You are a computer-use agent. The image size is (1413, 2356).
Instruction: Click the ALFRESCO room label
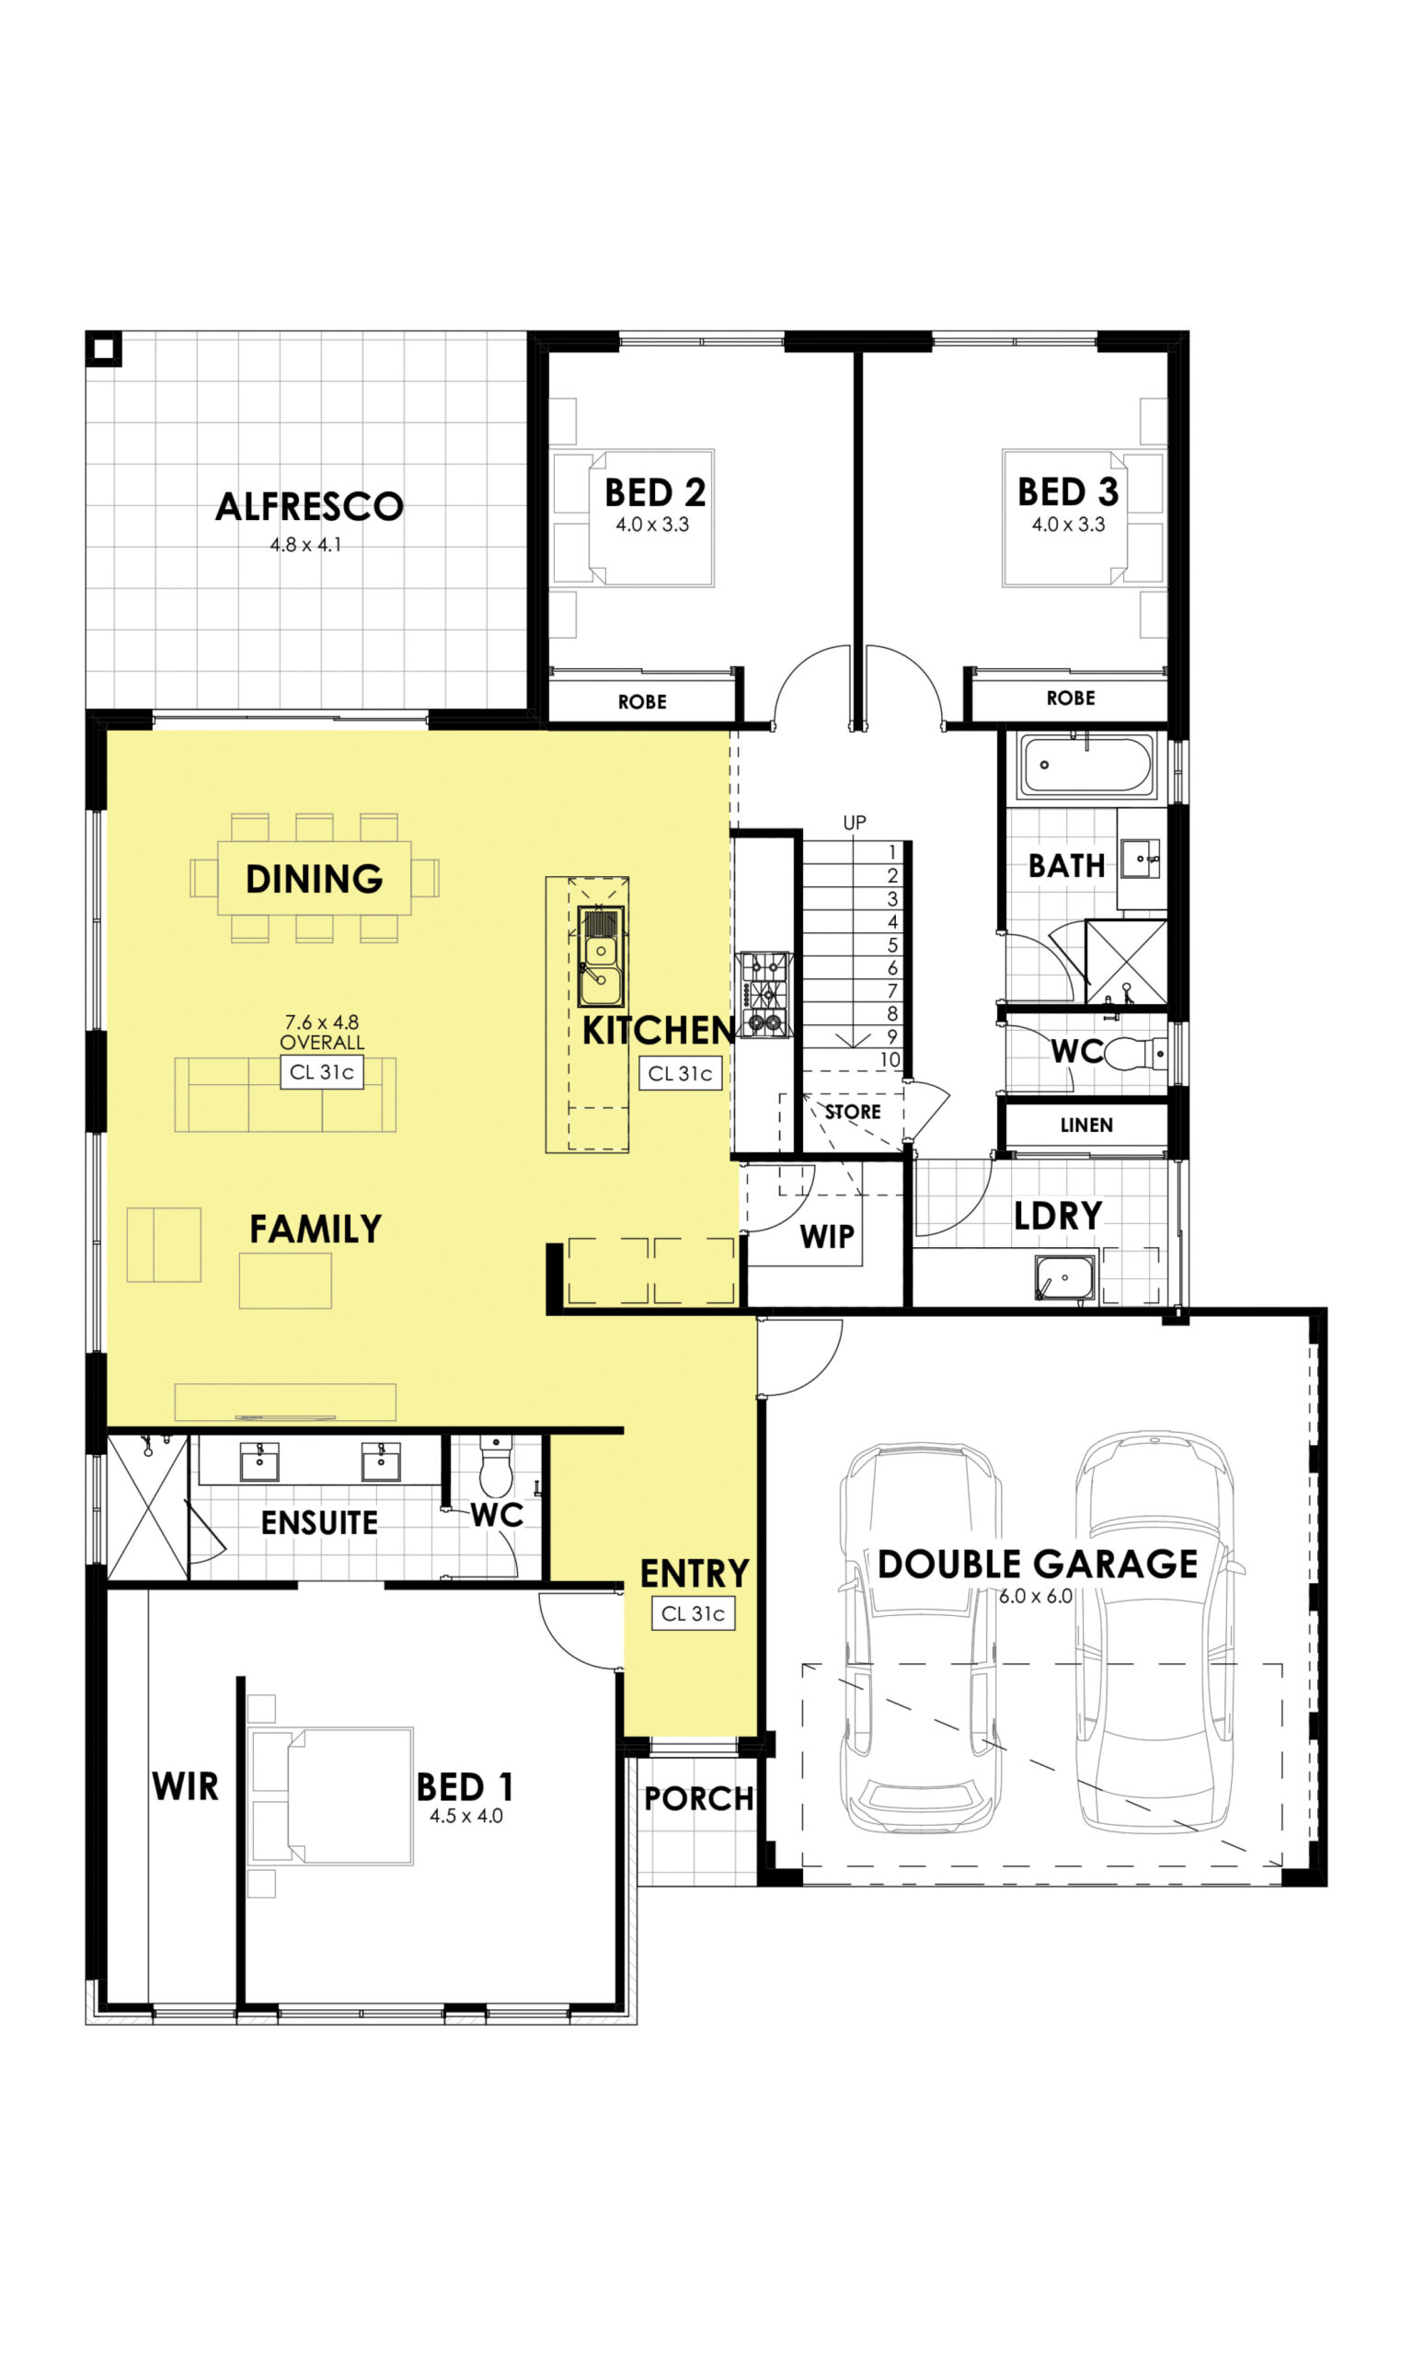(309, 506)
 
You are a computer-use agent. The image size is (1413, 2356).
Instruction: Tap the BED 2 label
(655, 493)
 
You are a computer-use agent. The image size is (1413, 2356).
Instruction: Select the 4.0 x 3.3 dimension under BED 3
(1068, 525)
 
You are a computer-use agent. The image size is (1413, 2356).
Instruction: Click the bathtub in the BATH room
(1086, 764)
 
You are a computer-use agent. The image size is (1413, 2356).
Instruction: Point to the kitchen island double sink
(601, 956)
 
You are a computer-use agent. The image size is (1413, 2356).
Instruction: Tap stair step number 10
(890, 1060)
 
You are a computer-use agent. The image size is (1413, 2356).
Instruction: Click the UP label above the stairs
(855, 822)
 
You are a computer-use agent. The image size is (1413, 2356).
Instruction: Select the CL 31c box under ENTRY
(694, 1613)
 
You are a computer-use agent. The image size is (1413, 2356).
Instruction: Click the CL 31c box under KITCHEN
(680, 1073)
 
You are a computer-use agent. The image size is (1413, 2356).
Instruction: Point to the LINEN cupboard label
(1086, 1125)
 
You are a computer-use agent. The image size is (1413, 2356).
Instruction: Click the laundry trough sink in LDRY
(1064, 1278)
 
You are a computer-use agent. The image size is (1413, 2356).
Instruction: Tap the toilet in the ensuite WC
(495, 1465)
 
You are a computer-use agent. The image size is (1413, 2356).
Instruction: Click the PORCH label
(699, 1799)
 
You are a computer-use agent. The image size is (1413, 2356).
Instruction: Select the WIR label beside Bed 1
(186, 1786)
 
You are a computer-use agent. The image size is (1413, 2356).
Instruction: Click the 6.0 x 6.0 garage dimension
(1036, 1596)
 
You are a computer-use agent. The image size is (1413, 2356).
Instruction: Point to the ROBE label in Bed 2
(642, 702)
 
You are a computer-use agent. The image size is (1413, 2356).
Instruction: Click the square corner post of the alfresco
(104, 349)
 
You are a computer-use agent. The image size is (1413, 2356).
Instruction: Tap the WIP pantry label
(826, 1236)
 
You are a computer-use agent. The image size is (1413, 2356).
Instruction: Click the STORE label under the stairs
(853, 1112)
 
